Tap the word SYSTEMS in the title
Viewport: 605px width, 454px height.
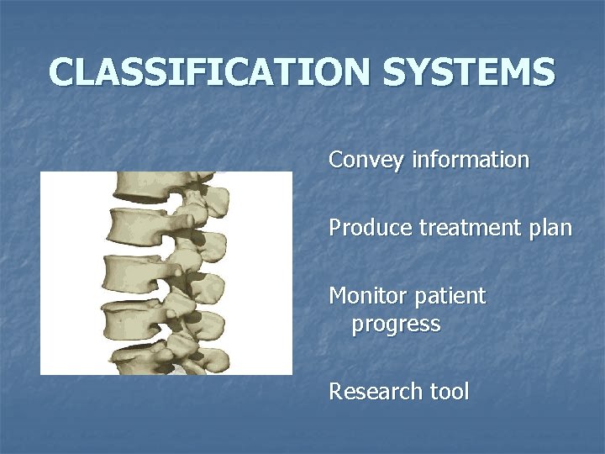(469, 72)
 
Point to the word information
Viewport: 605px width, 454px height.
(471, 160)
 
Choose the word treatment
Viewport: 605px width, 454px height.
(473, 228)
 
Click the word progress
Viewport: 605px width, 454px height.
(396, 324)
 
